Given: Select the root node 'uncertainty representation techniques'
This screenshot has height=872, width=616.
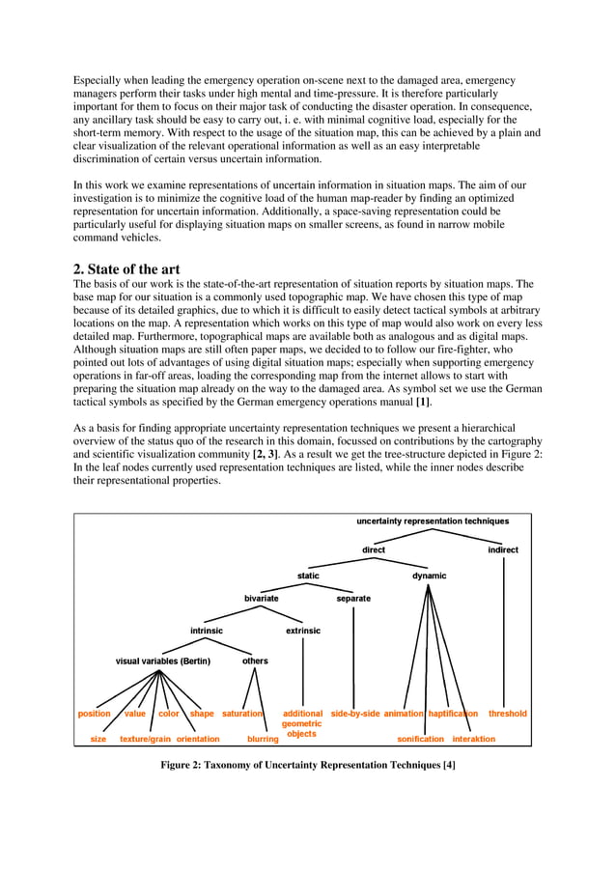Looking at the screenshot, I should [x=433, y=520].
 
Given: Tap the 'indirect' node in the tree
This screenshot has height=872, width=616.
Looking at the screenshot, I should [x=503, y=549].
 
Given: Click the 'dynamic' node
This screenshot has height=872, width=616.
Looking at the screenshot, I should [x=430, y=576].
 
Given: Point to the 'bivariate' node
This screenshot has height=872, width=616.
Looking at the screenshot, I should [x=261, y=598].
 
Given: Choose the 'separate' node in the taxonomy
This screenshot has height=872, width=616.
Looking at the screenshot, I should [x=353, y=598].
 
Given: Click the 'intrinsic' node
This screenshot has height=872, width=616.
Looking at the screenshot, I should [x=207, y=631].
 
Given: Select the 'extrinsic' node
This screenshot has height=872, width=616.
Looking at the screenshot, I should [x=303, y=631].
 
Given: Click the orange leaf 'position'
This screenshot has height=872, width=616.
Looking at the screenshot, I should [x=95, y=714].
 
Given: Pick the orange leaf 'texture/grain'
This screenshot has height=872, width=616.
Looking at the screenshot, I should [x=145, y=739].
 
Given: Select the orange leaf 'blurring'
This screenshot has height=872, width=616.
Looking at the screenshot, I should [x=263, y=739].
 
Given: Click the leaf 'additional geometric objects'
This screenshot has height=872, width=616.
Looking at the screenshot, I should [x=302, y=723].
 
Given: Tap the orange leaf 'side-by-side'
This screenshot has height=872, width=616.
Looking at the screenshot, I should [x=354, y=714].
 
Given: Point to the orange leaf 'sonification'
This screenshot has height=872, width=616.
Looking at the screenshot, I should [x=421, y=739].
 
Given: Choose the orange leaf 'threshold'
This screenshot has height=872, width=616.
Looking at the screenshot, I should [x=508, y=714].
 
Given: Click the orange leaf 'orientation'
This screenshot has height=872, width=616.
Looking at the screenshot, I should [x=198, y=739].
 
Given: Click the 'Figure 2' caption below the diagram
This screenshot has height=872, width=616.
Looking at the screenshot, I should [x=307, y=766].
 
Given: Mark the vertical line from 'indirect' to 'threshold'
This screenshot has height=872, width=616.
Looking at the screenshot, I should [x=503, y=632].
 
